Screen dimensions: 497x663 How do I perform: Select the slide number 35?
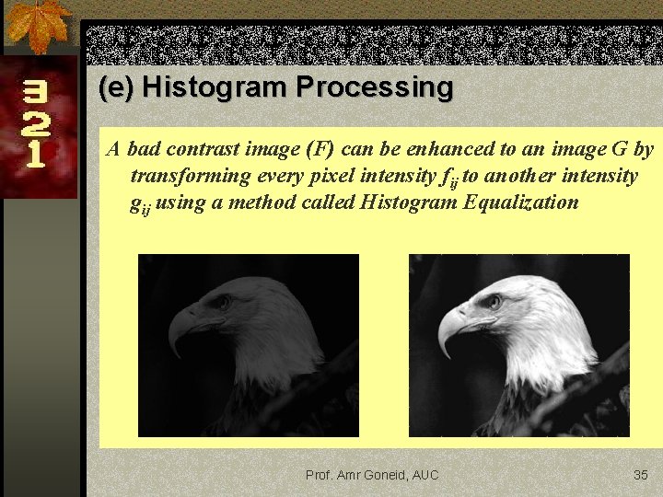pos(641,475)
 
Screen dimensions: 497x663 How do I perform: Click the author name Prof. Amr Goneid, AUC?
pos(372,475)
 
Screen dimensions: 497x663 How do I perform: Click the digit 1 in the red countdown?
pos(35,153)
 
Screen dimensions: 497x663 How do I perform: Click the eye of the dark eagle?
pos(222,302)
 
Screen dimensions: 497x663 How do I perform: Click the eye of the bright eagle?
pos(494,301)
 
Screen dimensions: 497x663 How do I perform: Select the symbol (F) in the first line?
pos(320,149)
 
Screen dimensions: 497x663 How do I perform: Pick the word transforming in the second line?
pos(190,176)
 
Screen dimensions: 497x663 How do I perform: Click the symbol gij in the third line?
pos(141,204)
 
